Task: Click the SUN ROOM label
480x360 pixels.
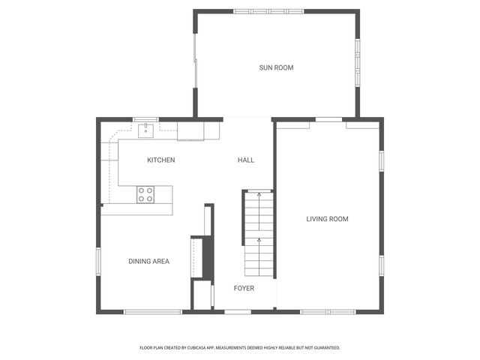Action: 276,68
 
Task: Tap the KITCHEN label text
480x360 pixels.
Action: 160,160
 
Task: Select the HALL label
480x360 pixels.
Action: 246,160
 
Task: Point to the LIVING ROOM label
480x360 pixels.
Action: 327,219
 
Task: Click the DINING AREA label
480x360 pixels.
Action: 148,262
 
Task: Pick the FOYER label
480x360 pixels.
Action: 244,288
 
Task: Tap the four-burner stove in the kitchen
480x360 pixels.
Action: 145,195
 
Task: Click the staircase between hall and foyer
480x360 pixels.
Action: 257,232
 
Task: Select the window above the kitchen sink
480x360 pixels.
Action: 145,119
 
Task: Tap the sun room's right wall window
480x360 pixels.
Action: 358,59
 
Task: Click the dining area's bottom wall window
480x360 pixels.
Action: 153,311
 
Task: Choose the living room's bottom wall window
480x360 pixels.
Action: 328,311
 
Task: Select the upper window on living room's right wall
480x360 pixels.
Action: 381,161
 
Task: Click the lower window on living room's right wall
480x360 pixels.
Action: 381,265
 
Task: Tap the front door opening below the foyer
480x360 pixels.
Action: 238,311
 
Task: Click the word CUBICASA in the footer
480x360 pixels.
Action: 205,348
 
